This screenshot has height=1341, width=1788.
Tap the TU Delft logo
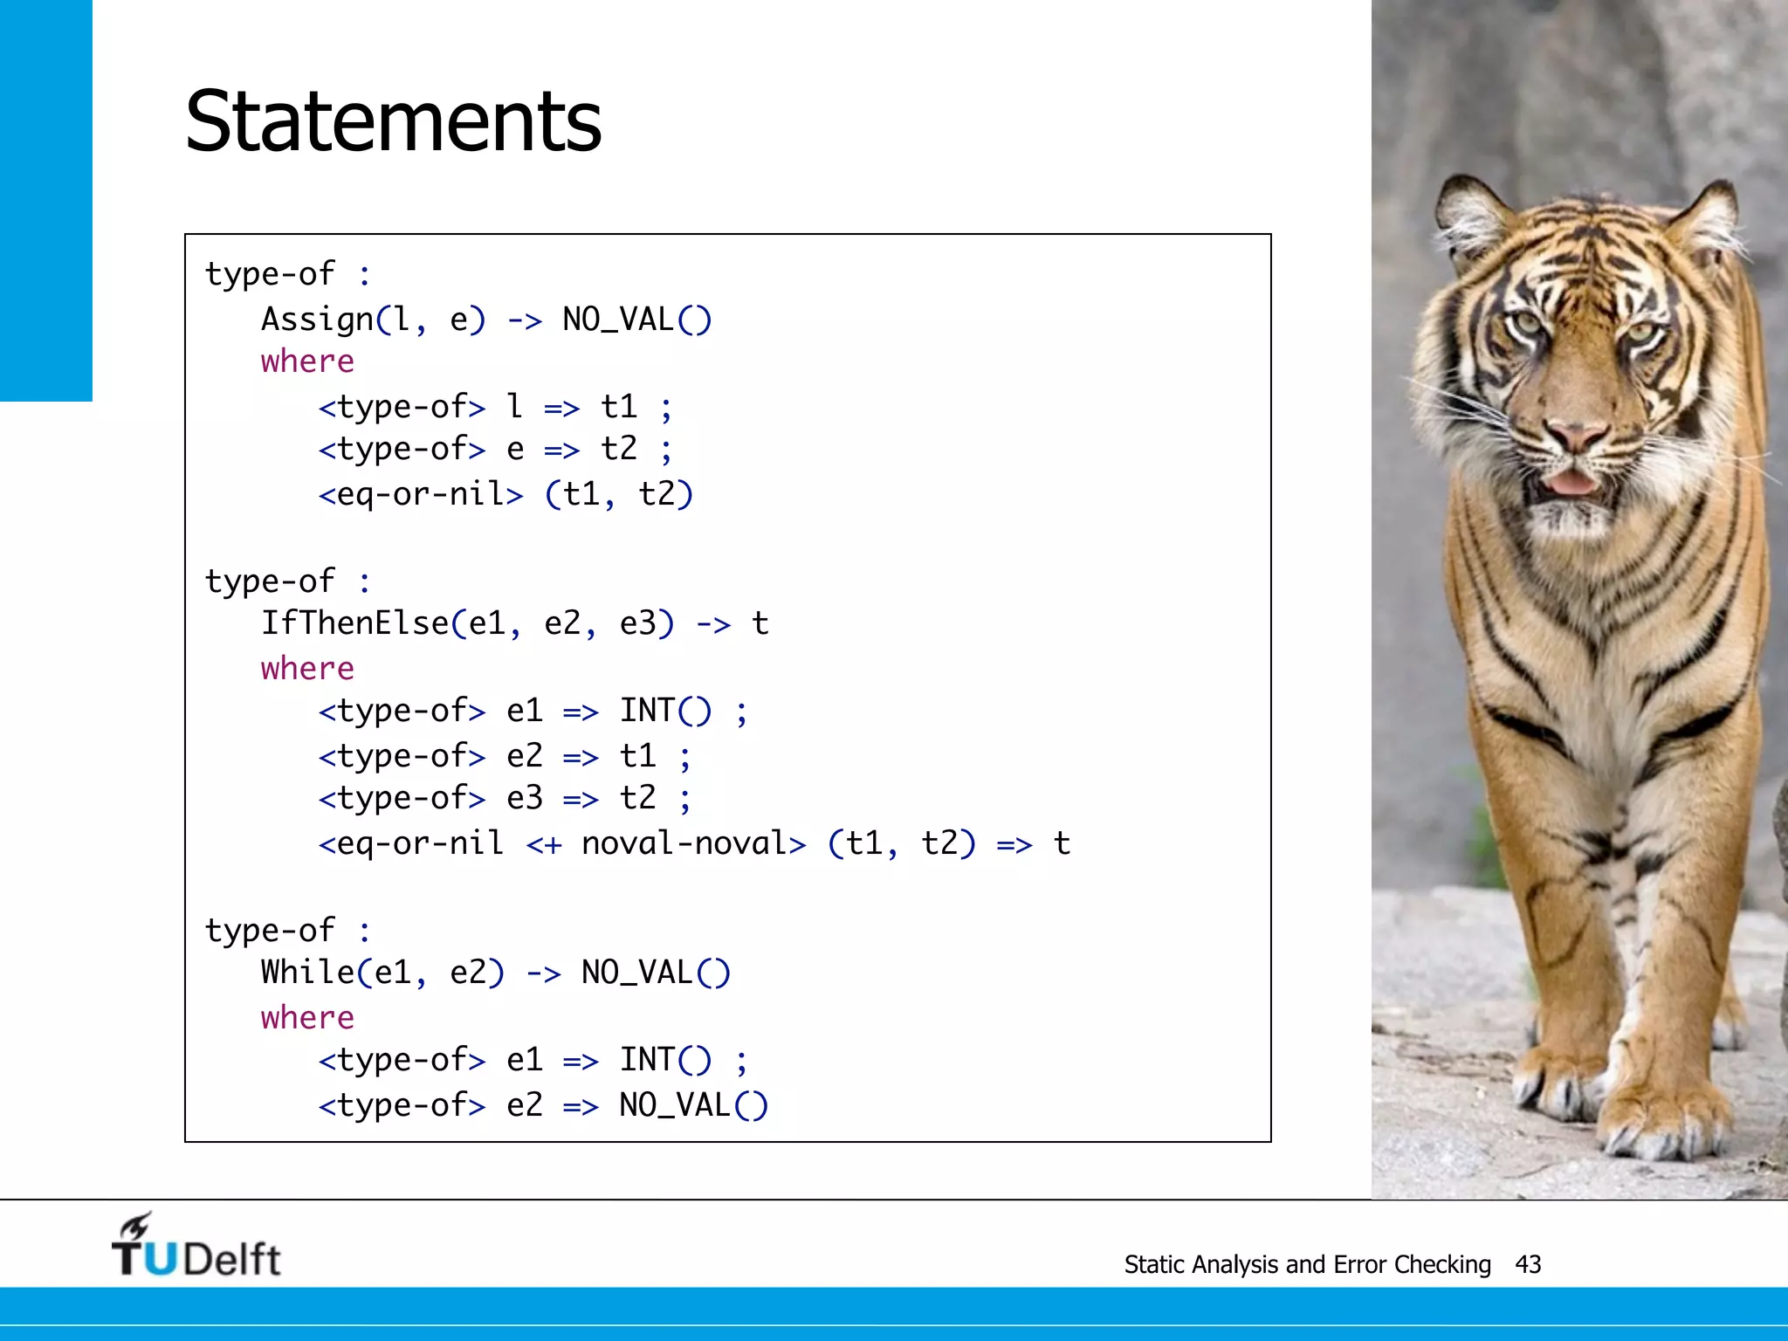[196, 1247]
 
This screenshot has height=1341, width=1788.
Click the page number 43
[1528, 1264]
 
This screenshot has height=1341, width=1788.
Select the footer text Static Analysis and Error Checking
[1307, 1264]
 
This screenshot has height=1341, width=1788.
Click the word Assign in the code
[317, 320]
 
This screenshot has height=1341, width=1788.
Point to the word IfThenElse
[354, 623]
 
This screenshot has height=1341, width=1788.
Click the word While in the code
[307, 972]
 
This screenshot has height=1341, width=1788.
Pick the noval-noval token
[684, 843]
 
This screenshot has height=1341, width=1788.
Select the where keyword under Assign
[307, 361]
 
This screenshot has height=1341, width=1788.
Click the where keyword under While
[307, 1018]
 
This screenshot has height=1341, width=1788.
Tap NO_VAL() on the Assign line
[637, 320]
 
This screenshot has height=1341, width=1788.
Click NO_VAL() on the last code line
[694, 1105]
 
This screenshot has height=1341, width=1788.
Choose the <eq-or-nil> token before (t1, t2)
[421, 494]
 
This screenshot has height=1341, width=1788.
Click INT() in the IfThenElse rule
[665, 711]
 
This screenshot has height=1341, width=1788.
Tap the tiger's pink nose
[1578, 434]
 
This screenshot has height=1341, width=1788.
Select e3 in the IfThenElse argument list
[638, 623]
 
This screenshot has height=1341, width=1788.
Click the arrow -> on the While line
[543, 973]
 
